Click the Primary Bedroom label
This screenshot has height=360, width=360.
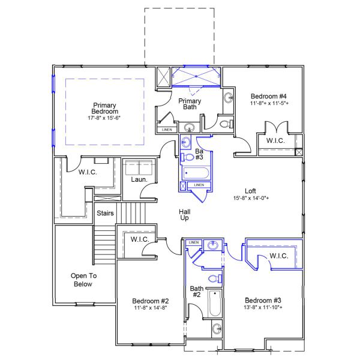105,108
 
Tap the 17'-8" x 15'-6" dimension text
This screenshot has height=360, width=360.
105,118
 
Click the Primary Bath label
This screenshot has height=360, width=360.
190,104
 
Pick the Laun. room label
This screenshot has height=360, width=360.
139,179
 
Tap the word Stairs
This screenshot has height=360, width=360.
106,212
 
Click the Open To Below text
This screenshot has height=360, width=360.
83,280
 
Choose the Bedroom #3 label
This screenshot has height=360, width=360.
263,300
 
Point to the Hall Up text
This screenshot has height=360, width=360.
185,215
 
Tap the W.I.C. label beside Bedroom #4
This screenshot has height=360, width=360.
275,141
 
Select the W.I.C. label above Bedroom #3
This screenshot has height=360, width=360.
279,256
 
